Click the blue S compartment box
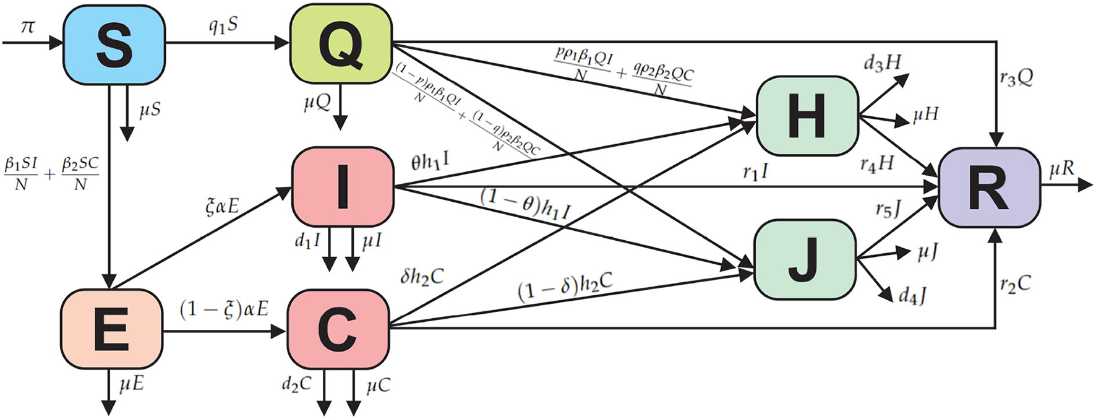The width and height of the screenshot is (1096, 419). pos(114,45)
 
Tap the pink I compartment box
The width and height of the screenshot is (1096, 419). pos(343,186)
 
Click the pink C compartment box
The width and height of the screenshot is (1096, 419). pos(338,329)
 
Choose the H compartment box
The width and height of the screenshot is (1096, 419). pos(807,116)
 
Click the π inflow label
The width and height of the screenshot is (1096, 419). pos(28,27)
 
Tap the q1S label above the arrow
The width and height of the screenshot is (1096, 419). pos(223,26)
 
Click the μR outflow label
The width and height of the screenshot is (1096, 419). pos(1062,168)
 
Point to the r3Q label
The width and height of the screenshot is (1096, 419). pos(1016,78)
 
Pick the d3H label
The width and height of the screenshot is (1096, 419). pos(883,63)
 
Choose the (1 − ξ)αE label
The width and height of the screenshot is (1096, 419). pos(224,308)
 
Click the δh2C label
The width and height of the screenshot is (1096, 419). pos(422,276)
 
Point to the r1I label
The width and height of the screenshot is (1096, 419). pos(755,173)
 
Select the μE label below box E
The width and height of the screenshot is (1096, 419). pos(131,384)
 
